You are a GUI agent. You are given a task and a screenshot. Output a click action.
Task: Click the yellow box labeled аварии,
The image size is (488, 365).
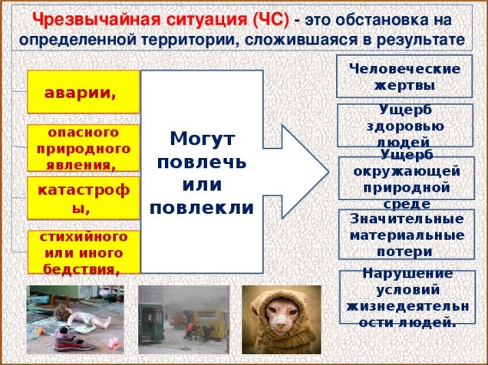click(x=84, y=92)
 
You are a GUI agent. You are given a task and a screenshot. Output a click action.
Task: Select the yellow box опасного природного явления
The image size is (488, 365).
click(x=84, y=148)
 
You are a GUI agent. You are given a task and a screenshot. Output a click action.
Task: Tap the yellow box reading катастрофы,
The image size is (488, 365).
click(x=84, y=198)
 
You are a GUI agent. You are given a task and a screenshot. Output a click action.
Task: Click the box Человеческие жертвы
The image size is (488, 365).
click(x=404, y=77)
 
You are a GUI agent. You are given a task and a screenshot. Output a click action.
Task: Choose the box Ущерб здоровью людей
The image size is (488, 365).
click(x=405, y=126)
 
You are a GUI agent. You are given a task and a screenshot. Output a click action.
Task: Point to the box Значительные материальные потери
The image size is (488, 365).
click(x=407, y=235)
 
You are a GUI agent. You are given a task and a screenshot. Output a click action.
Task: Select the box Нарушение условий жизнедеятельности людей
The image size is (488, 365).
click(x=407, y=297)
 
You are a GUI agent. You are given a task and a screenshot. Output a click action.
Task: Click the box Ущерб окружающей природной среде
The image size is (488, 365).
click(x=407, y=178)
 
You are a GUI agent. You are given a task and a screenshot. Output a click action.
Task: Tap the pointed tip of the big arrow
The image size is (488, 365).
click(x=328, y=172)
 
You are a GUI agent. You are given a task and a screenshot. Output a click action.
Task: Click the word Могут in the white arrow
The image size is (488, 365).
click(x=203, y=139)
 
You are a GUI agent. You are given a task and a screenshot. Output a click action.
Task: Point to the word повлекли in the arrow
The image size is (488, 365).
click(x=202, y=208)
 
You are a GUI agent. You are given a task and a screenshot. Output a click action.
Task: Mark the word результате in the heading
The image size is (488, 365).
click(x=420, y=41)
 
